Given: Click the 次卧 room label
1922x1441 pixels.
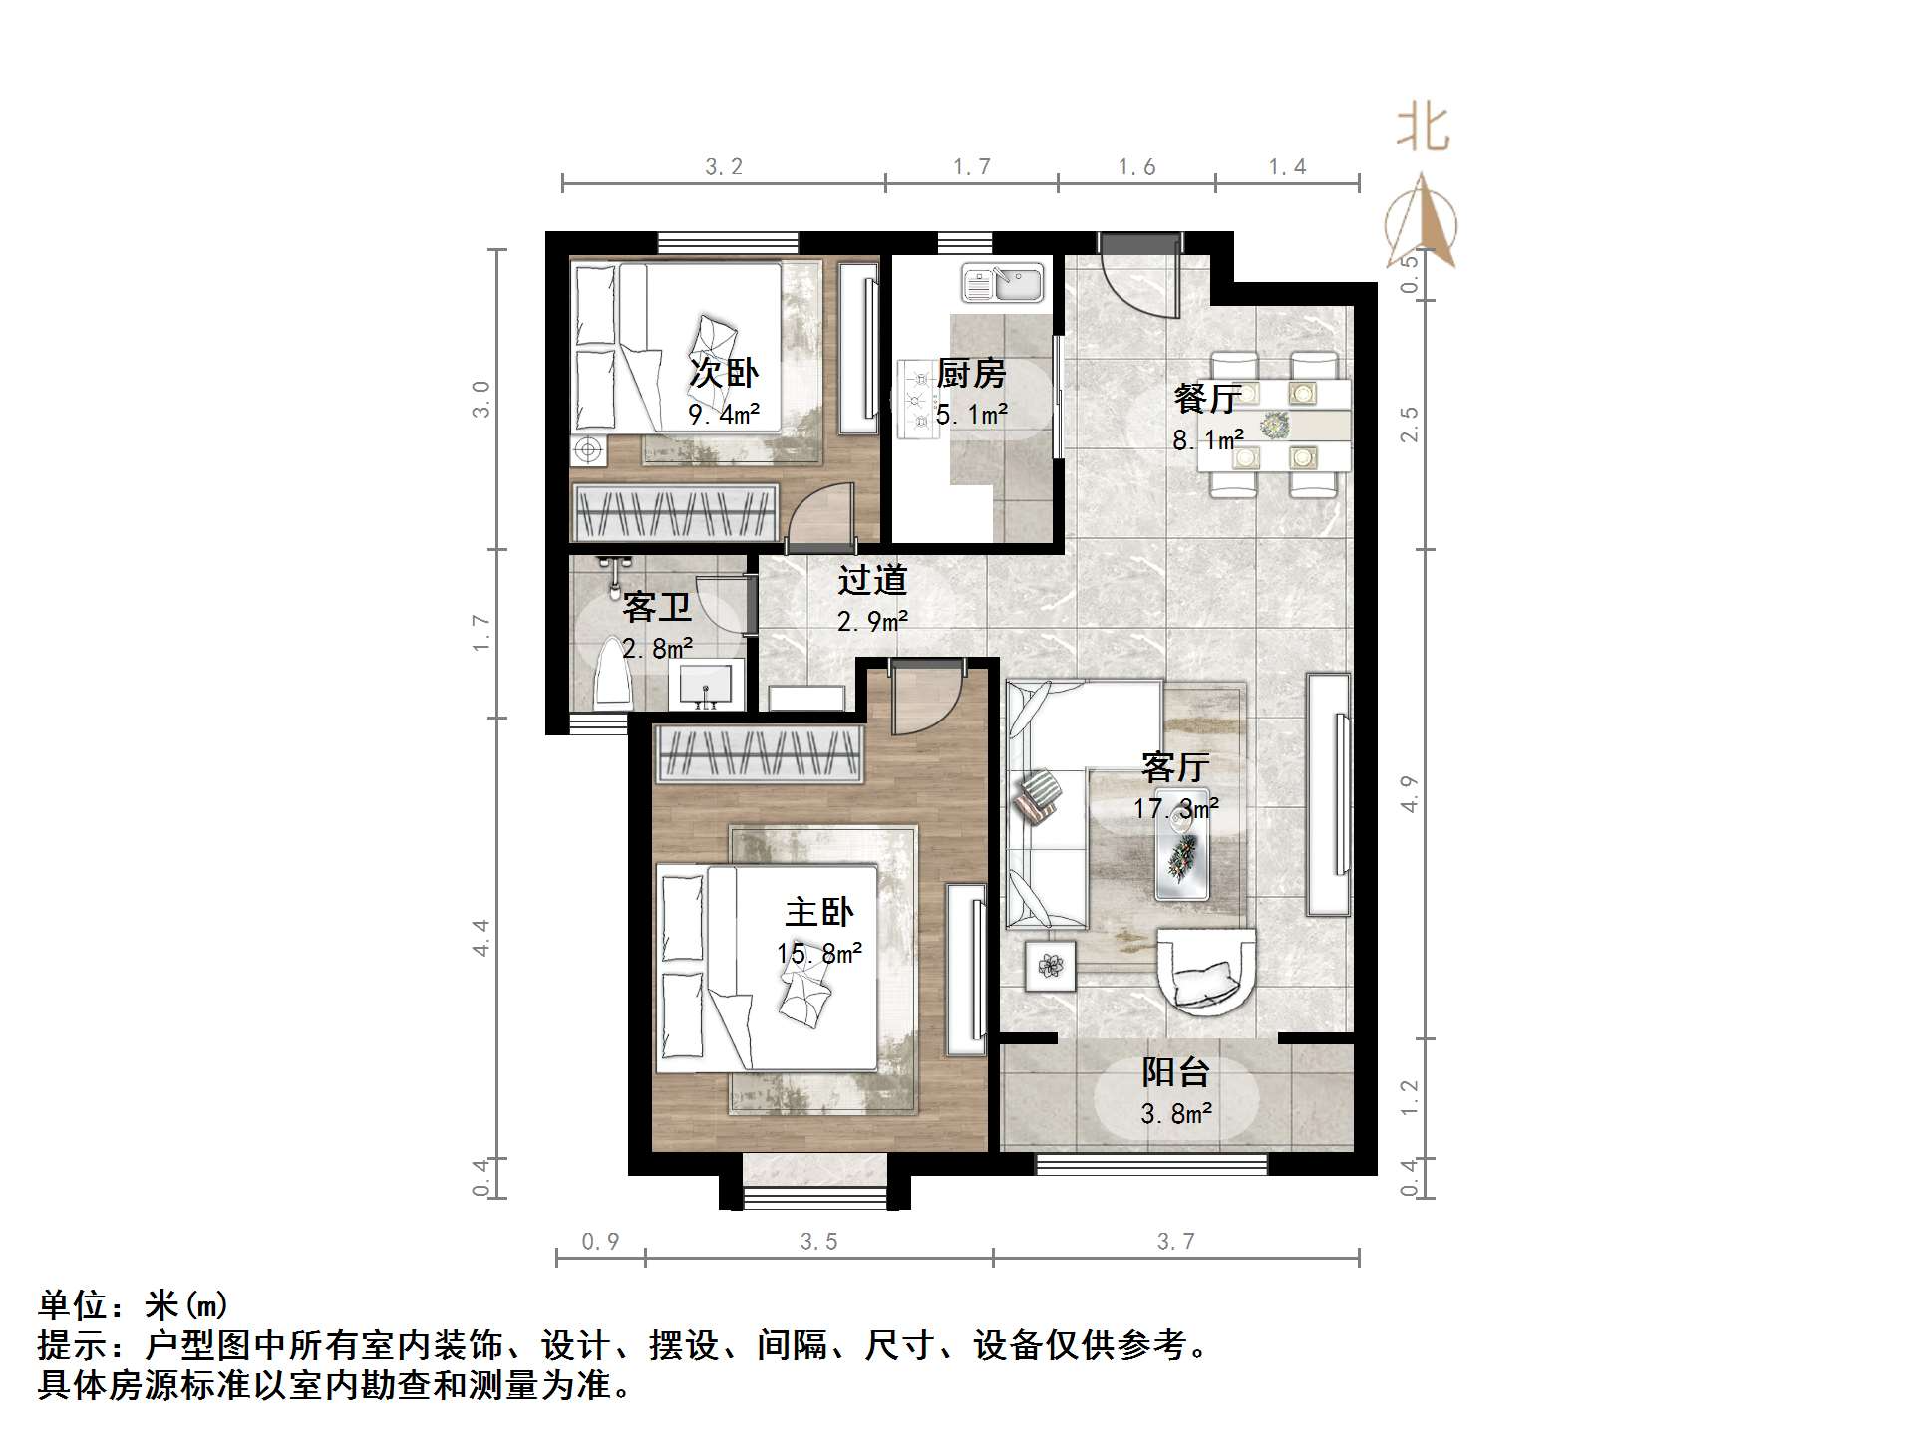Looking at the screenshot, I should pos(724,374).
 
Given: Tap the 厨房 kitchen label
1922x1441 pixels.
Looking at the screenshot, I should pos(971,374).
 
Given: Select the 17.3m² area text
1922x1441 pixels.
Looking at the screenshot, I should pos(1175,808).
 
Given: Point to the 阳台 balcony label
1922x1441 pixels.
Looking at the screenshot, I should pos(1175,1073).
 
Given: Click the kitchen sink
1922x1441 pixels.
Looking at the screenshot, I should pos(1002,283).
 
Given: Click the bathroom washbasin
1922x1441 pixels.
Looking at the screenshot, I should pos(706,686).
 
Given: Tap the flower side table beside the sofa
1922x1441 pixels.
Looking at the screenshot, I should pos(1051,965).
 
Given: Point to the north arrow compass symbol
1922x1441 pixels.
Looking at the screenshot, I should pos(1421,224).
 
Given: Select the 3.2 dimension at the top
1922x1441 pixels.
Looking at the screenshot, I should pos(724,167).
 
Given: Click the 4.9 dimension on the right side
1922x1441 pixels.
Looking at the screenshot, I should pos(1409,794).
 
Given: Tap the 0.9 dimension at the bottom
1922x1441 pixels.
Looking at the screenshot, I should pos(600,1242).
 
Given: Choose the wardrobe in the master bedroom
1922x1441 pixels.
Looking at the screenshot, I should pos(758,755).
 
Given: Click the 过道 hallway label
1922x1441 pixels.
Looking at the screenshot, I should pos(872,580).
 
